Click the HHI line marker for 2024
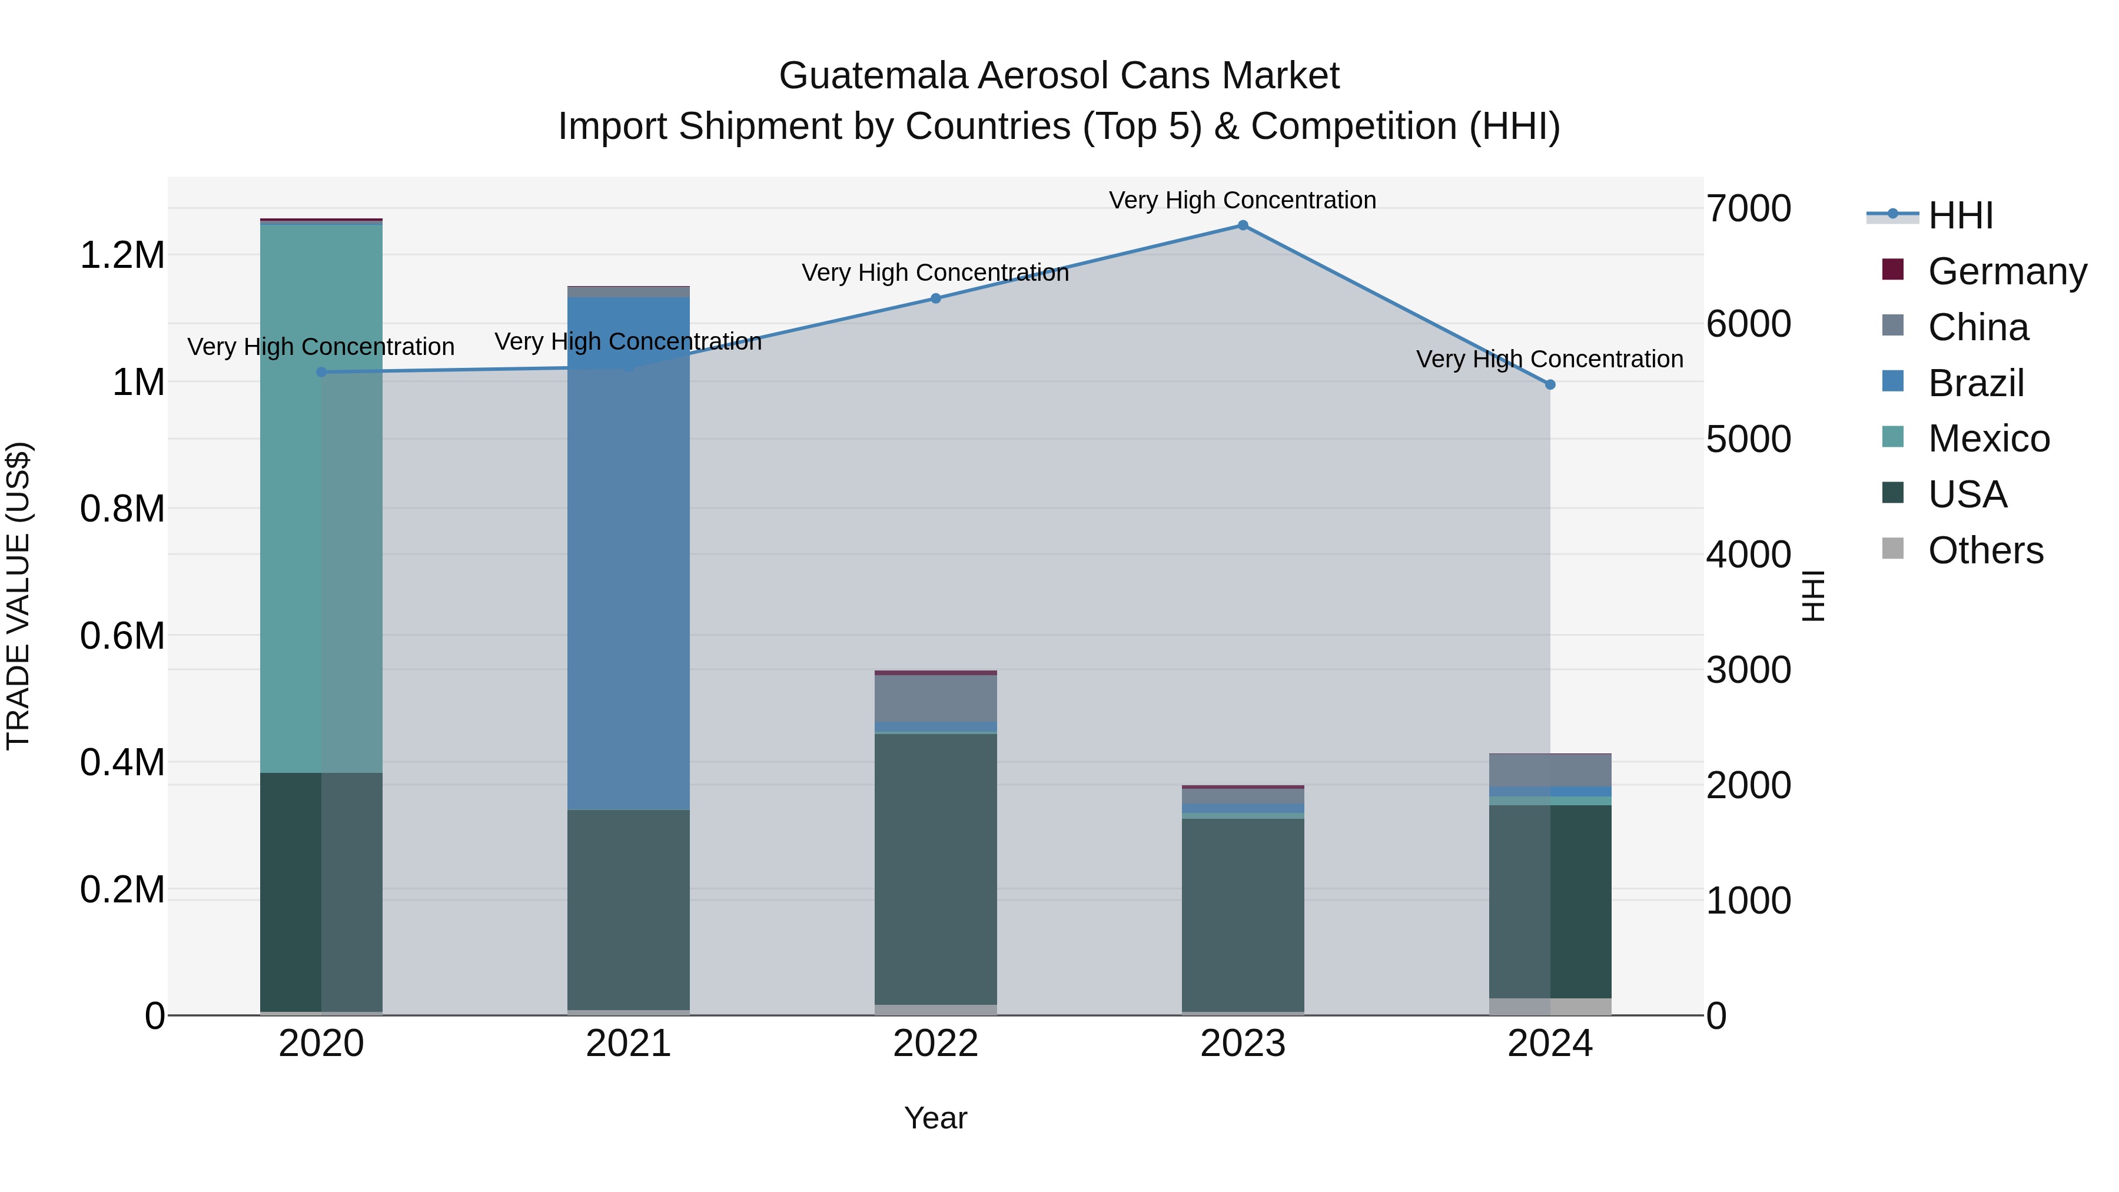[1550, 384]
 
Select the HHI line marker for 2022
[935, 298]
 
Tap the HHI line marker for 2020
[321, 372]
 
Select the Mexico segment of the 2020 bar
[321, 497]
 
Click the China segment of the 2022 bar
[935, 698]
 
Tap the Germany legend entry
[2007, 271]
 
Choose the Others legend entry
[1985, 550]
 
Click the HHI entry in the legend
[1959, 215]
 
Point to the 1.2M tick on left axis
[122, 255]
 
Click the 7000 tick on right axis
[1748, 208]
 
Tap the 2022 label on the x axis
[935, 1044]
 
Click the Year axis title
[935, 1118]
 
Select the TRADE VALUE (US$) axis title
[18, 596]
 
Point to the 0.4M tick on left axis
[122, 762]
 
